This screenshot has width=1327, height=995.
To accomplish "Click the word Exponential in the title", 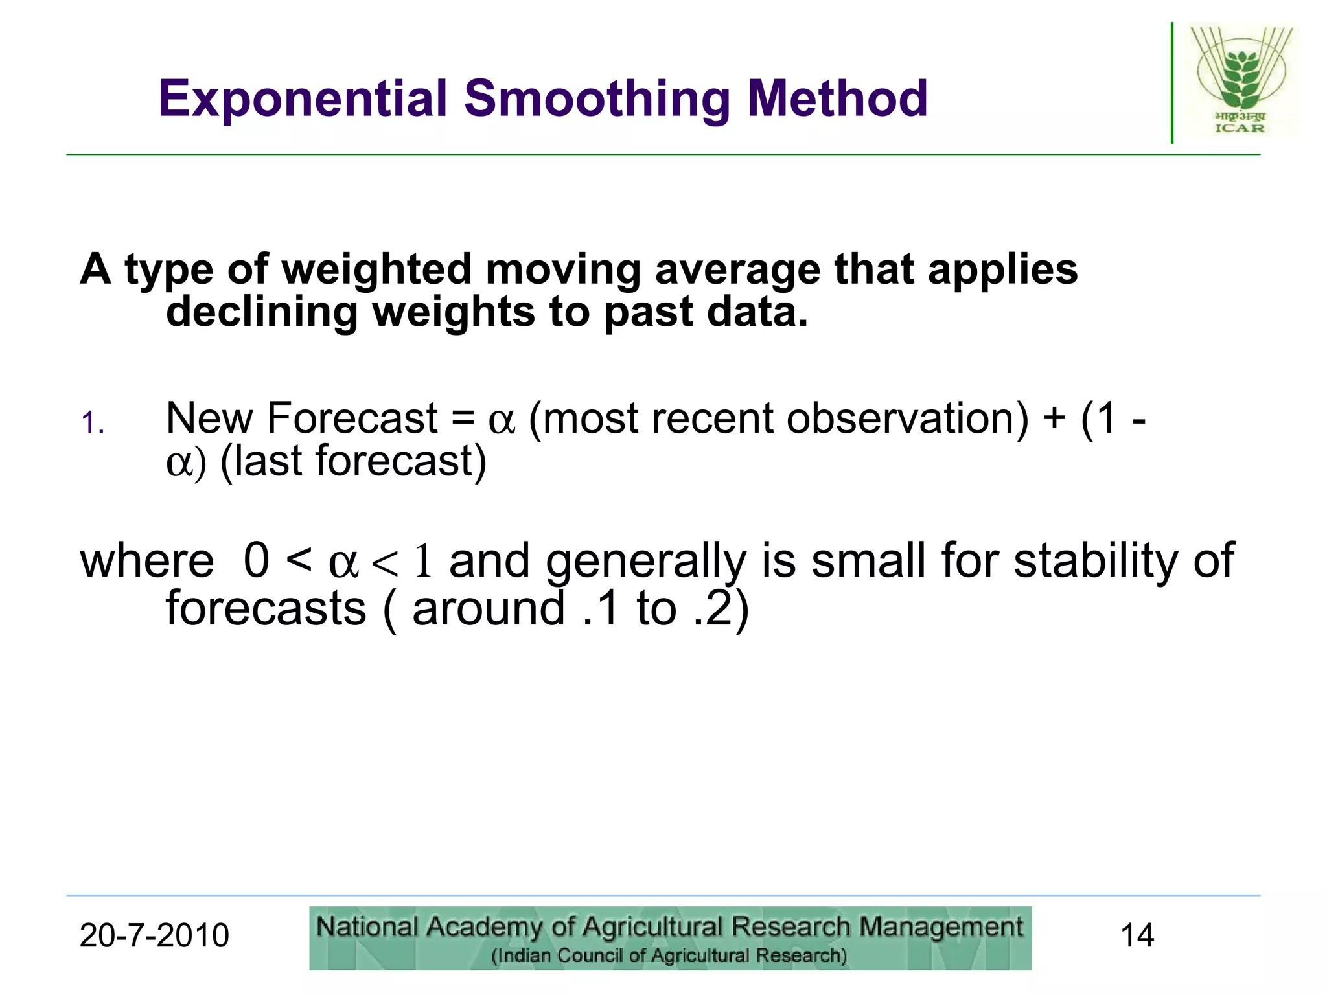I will [x=303, y=98].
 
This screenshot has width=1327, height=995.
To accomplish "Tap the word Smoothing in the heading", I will [x=597, y=98].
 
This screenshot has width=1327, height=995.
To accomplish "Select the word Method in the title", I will [x=837, y=98].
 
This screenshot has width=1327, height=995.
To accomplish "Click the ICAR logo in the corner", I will [x=1240, y=80].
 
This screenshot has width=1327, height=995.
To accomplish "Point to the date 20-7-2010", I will [x=154, y=935].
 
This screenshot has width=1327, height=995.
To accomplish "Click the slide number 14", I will [x=1137, y=935].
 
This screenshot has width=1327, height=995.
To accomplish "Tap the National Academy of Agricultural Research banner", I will [x=670, y=937].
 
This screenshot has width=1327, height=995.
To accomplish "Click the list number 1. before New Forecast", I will [x=93, y=424].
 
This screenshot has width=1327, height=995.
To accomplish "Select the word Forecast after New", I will [x=352, y=418].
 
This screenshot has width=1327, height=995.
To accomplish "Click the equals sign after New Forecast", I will [x=463, y=418].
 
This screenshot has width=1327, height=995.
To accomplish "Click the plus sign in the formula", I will [x=1054, y=418].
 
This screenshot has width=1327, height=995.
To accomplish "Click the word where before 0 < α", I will [x=147, y=560].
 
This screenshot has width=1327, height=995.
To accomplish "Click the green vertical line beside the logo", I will [x=1171, y=83].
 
